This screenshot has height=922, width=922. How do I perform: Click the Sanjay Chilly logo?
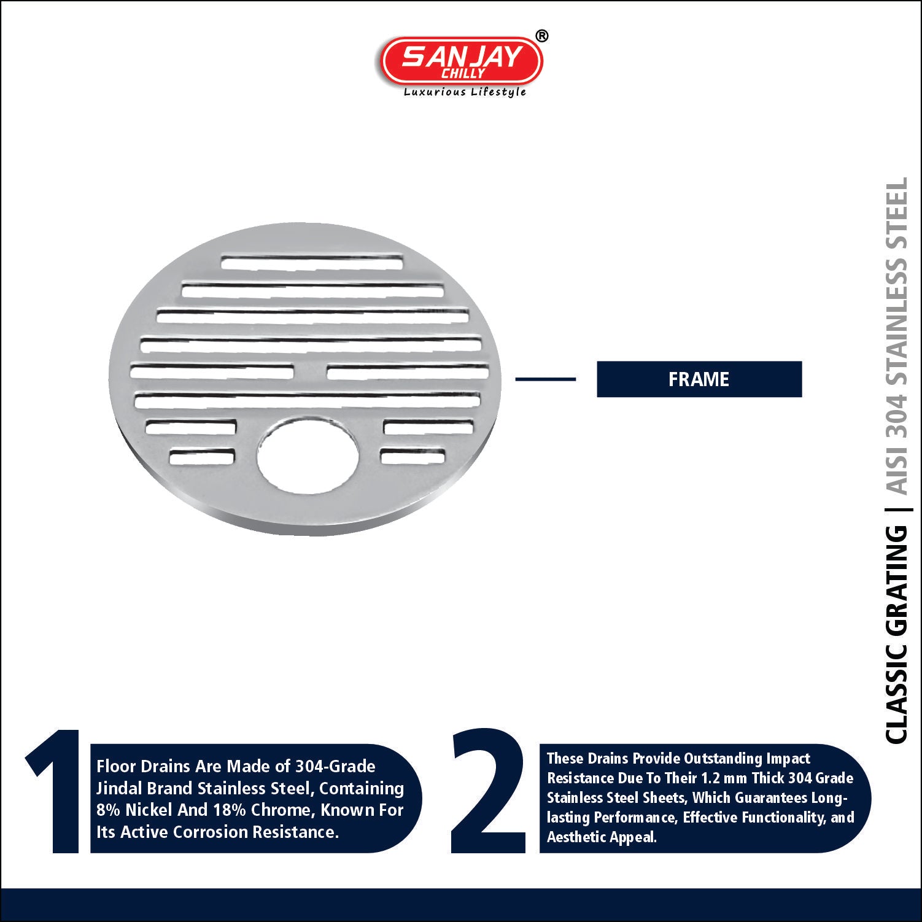(461, 61)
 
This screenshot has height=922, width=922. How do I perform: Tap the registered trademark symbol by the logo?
(541, 36)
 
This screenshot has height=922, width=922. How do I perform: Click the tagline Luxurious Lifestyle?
(465, 92)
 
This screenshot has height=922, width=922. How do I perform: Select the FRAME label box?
(699, 379)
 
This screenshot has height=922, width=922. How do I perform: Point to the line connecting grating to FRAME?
(545, 379)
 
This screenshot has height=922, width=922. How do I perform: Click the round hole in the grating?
(307, 457)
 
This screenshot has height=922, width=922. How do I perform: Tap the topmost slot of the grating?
(312, 262)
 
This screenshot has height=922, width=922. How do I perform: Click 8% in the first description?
(108, 810)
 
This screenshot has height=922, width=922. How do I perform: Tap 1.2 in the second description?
(711, 778)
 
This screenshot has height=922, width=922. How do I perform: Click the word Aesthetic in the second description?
(571, 837)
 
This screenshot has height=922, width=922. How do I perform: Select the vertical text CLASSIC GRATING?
(897, 635)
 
